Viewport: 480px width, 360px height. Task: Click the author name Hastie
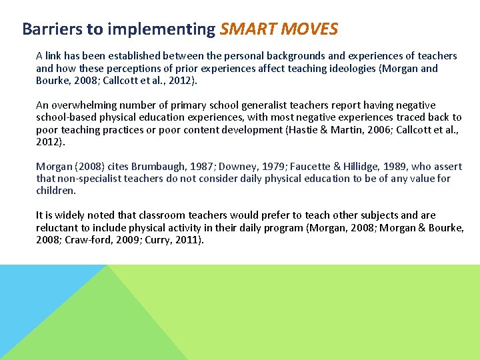(x=303, y=130)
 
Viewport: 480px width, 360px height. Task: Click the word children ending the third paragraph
(x=56, y=191)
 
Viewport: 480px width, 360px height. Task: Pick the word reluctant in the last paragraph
(x=58, y=228)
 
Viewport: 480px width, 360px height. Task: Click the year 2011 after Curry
(x=187, y=240)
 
